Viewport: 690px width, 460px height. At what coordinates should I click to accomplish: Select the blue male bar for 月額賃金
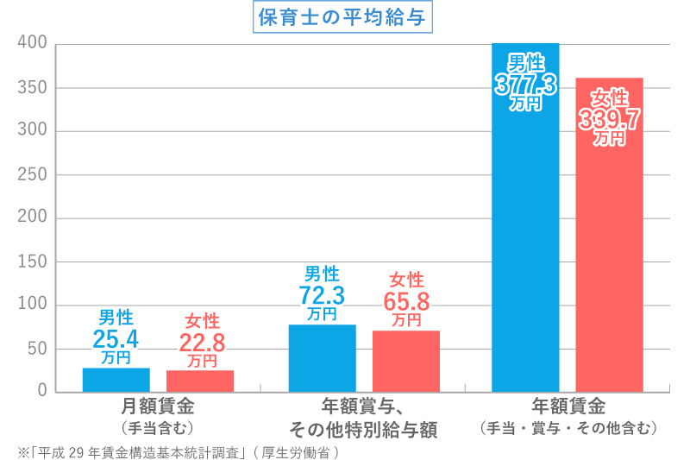116,380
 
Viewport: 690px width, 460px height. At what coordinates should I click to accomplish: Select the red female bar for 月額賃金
200,381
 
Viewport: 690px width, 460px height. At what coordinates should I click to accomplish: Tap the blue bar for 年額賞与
322,358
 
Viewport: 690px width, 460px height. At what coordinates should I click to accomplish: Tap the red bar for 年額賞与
406,361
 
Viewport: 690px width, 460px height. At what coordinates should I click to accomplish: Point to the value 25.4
116,337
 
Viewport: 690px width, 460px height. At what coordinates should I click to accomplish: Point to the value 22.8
201,342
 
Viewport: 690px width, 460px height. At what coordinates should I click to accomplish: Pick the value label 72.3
322,296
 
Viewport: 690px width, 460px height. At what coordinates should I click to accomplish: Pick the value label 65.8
406,301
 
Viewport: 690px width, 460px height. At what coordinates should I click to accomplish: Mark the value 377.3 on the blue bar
525,84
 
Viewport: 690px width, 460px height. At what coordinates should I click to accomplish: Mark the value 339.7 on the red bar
610,119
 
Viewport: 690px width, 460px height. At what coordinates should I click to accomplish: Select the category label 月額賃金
158,406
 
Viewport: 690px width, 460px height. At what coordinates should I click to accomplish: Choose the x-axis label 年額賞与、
364,406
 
